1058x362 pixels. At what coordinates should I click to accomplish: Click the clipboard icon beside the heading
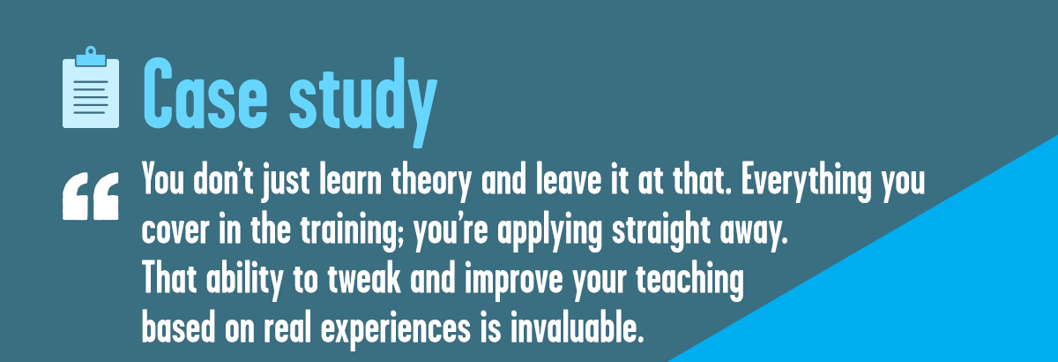[91, 87]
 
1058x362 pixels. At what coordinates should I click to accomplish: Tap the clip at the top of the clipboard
[91, 57]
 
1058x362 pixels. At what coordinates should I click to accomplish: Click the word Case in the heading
[205, 94]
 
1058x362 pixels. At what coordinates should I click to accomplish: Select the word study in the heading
[363, 102]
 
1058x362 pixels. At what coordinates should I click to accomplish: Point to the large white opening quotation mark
[91, 196]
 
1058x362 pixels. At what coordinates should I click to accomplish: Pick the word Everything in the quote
[806, 182]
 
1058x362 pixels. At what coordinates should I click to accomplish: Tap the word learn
[350, 180]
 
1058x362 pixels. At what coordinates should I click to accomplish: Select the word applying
[550, 232]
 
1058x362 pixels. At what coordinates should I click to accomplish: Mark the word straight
[661, 232]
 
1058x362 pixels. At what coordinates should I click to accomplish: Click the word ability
[244, 280]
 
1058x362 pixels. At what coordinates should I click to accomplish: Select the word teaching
[689, 280]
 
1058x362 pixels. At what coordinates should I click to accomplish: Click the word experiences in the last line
[396, 330]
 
